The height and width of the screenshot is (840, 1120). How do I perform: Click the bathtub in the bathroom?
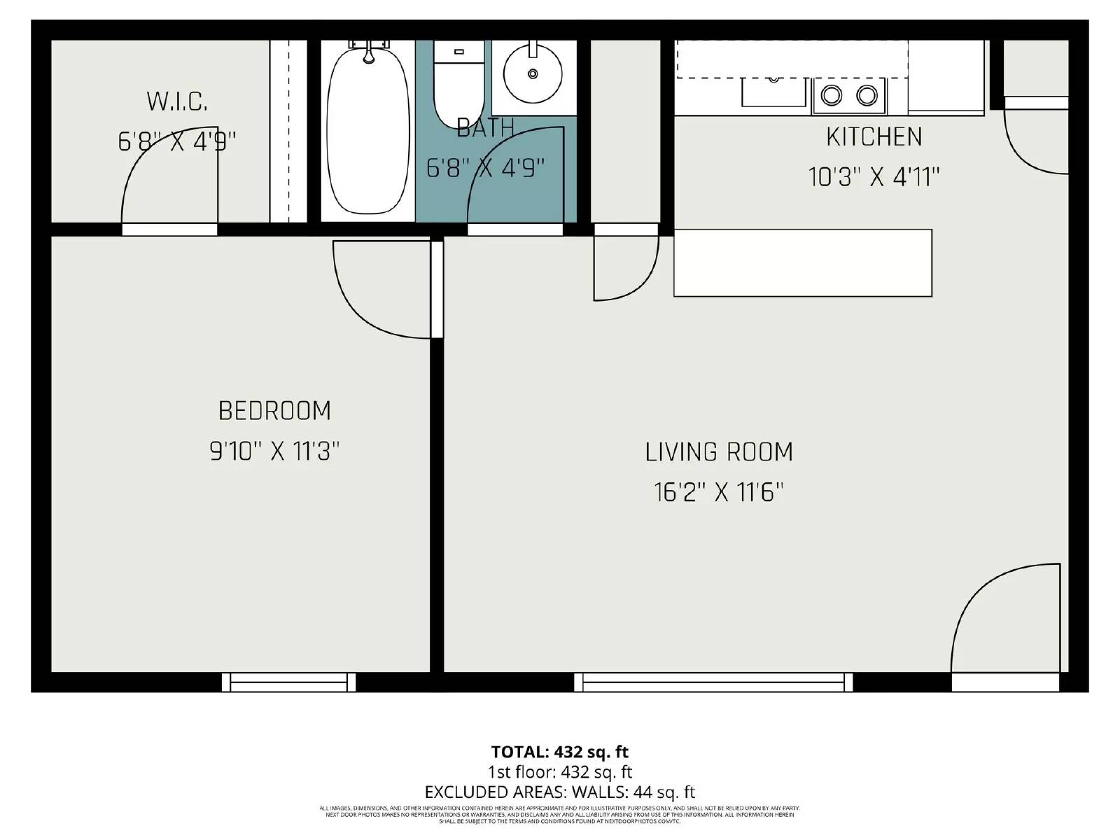pyautogui.click(x=368, y=133)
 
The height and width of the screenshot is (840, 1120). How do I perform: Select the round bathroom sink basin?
pyautogui.click(x=533, y=73)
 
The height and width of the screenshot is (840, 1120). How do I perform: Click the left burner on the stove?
pyautogui.click(x=832, y=95)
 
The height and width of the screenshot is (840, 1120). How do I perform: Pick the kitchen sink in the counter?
pyautogui.click(x=773, y=91)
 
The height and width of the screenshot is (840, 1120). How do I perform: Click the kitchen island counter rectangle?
pyautogui.click(x=802, y=262)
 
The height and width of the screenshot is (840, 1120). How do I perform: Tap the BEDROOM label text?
pyautogui.click(x=274, y=411)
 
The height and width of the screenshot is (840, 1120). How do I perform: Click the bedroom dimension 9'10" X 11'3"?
pyautogui.click(x=274, y=451)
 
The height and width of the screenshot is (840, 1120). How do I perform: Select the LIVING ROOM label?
pyautogui.click(x=719, y=452)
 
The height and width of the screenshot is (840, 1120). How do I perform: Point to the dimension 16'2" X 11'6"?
pyautogui.click(x=719, y=493)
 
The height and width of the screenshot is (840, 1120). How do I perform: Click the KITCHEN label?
pyautogui.click(x=874, y=137)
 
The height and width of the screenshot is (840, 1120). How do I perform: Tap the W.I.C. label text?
pyautogui.click(x=177, y=102)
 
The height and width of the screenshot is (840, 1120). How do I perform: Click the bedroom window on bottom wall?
pyautogui.click(x=288, y=682)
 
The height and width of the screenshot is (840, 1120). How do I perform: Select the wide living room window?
pyautogui.click(x=713, y=682)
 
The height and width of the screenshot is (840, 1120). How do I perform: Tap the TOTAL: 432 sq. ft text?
pyautogui.click(x=559, y=752)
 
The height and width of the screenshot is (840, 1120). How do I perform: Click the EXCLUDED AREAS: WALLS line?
pyautogui.click(x=559, y=792)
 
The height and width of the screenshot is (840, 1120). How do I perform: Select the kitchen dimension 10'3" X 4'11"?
pyautogui.click(x=874, y=177)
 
